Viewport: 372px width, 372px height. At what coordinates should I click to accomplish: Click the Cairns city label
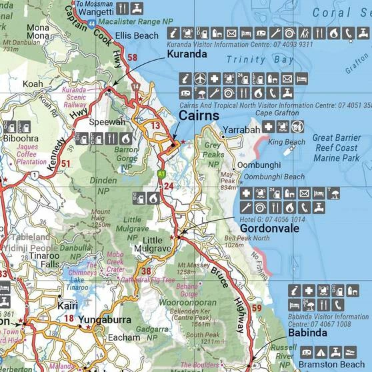199,116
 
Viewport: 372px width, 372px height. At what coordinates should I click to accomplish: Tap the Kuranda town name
187,54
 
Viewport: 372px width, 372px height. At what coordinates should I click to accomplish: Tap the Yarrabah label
239,130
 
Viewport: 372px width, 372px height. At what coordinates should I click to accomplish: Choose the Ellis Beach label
137,35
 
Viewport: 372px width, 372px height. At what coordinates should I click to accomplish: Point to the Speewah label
107,123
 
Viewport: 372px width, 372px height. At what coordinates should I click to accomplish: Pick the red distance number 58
132,58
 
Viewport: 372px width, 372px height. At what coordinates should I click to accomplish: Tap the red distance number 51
65,163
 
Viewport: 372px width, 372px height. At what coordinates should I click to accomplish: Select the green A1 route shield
161,174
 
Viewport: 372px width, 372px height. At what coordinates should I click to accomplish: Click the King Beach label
286,143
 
